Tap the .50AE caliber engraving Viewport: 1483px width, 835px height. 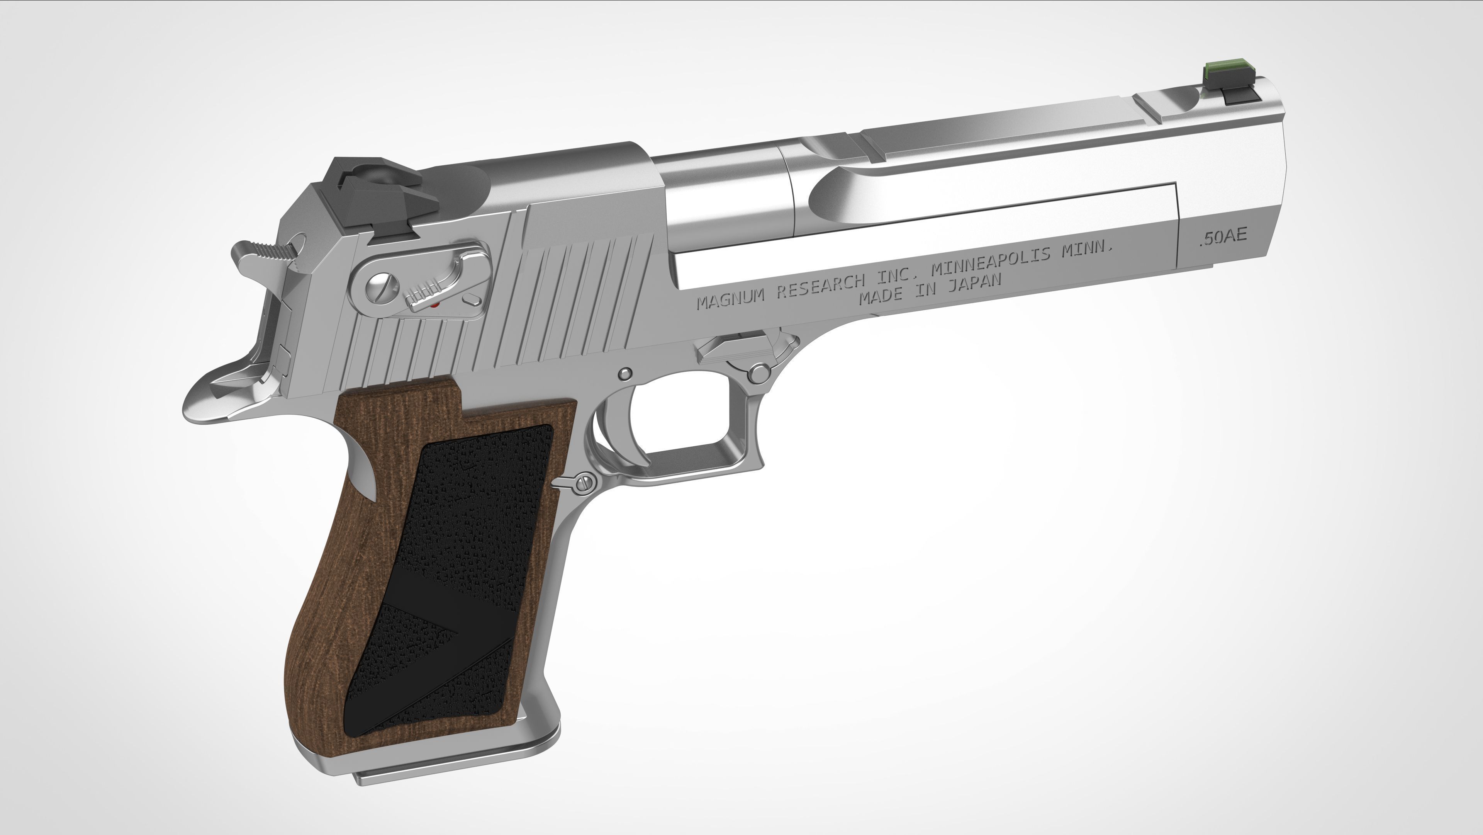point(1223,237)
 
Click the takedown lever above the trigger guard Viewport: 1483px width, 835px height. point(737,351)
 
